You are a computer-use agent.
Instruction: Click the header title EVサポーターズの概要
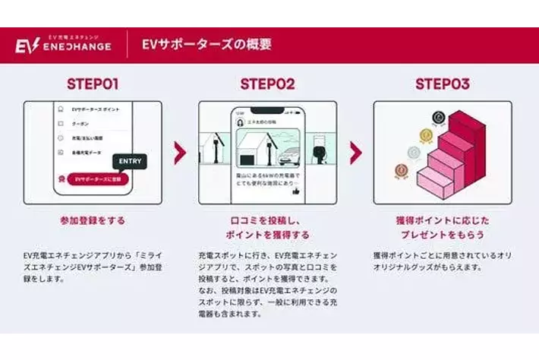tap(206, 44)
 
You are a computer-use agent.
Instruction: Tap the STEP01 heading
tap(93, 84)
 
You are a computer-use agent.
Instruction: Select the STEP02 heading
tap(267, 84)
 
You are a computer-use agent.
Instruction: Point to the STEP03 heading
tap(442, 84)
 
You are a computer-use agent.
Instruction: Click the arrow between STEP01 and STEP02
tap(180, 153)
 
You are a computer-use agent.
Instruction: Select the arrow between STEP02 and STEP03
tap(355, 153)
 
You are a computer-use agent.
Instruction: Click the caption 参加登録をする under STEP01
tap(93, 221)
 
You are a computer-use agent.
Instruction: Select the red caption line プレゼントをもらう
tap(443, 235)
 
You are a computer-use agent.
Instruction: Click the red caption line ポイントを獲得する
tap(267, 235)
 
